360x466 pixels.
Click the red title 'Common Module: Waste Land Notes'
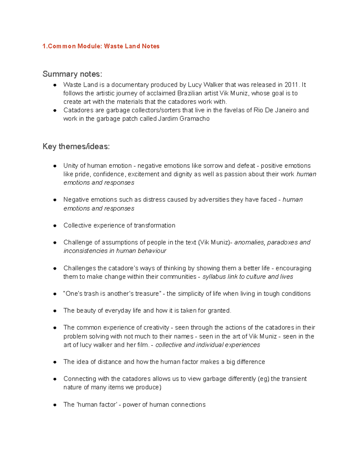(x=101, y=46)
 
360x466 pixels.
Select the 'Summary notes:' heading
(x=72, y=74)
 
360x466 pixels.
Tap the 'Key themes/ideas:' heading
(x=76, y=146)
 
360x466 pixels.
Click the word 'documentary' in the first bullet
(x=130, y=85)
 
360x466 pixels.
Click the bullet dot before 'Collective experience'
(x=55, y=226)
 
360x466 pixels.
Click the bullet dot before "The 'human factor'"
(x=55, y=405)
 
